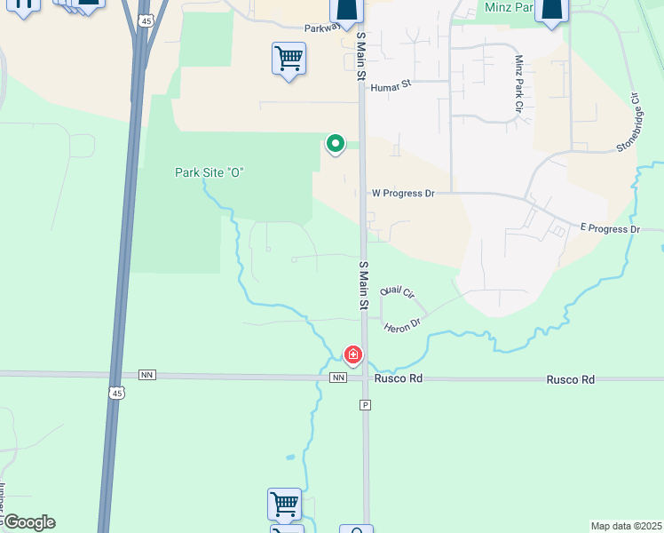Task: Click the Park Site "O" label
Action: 209,172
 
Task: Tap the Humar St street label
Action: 391,86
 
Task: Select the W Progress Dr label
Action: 403,193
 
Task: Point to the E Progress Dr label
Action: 610,229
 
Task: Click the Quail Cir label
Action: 397,291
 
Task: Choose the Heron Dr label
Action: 402,327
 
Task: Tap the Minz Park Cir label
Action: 519,84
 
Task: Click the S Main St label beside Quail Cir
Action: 363,285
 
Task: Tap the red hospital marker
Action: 353,356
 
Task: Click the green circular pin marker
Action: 336,143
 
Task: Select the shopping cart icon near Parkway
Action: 289,60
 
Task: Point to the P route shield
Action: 364,405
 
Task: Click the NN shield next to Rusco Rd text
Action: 337,378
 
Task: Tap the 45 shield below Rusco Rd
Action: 116,392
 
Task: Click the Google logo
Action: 29,522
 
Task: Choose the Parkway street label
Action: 322,28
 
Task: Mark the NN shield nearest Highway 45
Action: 146,376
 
